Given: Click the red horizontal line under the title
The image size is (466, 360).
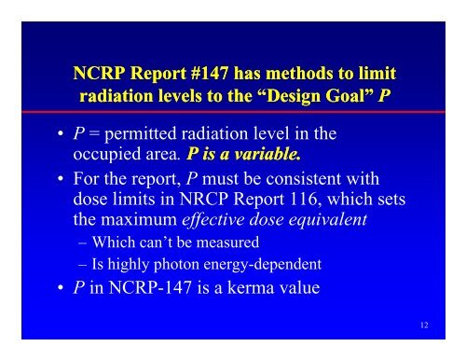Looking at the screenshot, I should pyautogui.click(x=233, y=118).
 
